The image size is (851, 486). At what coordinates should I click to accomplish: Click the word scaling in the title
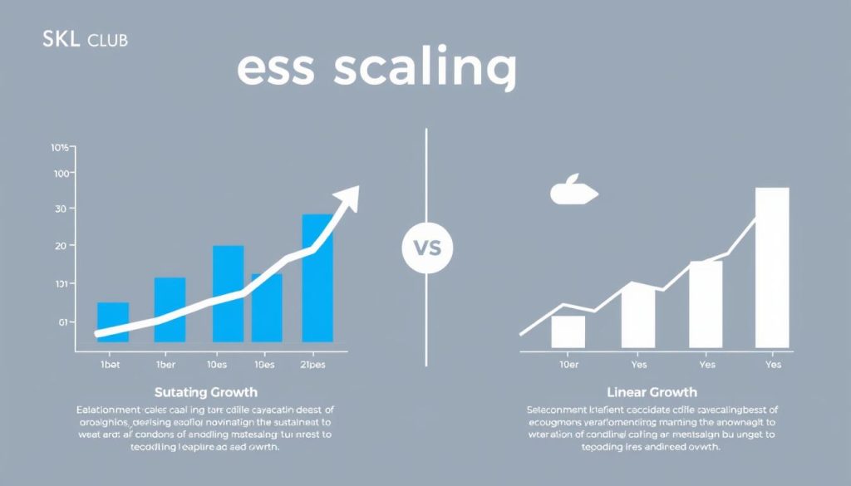coord(425,70)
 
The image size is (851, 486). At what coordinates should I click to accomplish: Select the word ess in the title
coord(275,70)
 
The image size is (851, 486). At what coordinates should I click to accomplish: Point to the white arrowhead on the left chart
coord(349,195)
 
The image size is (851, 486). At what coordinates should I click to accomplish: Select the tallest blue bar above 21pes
coord(317,278)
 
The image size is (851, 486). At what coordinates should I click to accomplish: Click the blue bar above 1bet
coord(113,322)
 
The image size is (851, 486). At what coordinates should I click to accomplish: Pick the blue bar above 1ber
coord(170,309)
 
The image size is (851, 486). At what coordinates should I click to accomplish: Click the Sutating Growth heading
coord(205,391)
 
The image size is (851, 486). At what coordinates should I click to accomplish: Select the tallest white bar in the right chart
coord(771,268)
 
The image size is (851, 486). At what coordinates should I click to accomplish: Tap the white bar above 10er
coord(568,331)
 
